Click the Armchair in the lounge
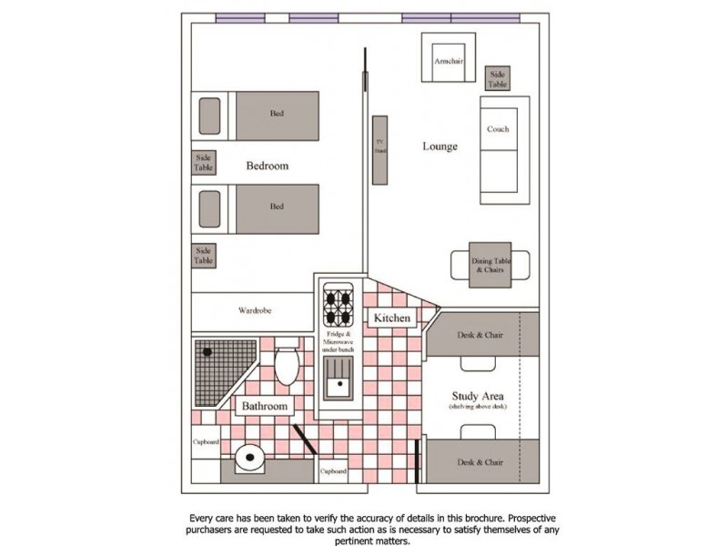click(x=449, y=57)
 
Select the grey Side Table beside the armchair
click(x=497, y=78)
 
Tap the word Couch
click(x=498, y=129)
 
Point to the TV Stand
click(x=379, y=150)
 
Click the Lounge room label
click(x=440, y=147)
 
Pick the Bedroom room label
click(x=267, y=166)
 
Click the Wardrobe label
click(x=255, y=310)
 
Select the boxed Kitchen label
click(x=392, y=318)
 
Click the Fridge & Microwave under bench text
click(x=338, y=342)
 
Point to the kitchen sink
click(x=338, y=378)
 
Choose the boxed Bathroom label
click(x=265, y=406)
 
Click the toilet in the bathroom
click(x=287, y=361)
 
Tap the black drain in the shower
click(x=207, y=352)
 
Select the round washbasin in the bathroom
click(x=249, y=458)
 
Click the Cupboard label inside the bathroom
click(x=206, y=441)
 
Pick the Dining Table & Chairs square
click(x=490, y=265)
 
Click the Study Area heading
click(x=478, y=396)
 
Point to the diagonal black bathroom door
click(x=305, y=440)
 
